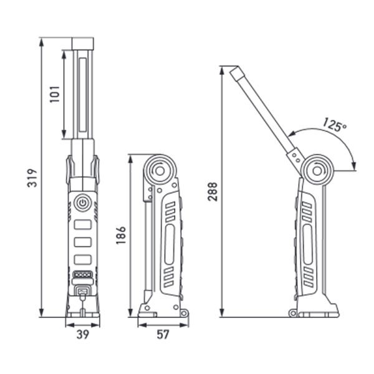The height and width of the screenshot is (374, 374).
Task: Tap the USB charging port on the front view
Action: pos(82,290)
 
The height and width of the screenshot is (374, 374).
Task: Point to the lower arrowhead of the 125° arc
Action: pos(354,166)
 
